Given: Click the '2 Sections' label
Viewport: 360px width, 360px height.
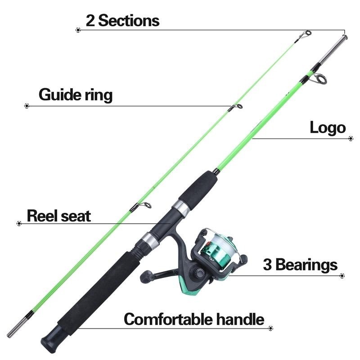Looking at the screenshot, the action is coord(122,20).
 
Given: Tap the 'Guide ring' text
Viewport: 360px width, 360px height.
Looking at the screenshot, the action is coord(76,95).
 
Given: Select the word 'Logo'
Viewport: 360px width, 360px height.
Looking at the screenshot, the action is coord(328,127).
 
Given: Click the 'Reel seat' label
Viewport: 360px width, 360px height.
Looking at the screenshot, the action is coord(59,216).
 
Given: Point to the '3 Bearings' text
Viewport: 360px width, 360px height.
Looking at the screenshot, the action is coord(300,265).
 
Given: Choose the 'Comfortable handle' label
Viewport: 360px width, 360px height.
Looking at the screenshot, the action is coord(194,319).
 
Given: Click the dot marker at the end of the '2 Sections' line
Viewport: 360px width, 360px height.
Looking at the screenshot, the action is coord(78,30).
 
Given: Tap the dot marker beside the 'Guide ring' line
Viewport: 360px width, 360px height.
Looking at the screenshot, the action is coord(27,106).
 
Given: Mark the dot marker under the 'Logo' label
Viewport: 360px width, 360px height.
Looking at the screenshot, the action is coord(351,139).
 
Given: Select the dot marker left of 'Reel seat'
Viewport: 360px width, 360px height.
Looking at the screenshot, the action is coord(19,223).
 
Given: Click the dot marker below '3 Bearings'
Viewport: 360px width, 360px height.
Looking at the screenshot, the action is coord(342,275).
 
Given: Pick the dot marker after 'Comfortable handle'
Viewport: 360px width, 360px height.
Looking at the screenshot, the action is coord(271,328).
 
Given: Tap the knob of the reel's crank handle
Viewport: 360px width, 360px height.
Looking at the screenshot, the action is coord(145,276).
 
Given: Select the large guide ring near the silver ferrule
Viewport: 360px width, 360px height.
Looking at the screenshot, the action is coord(320,79).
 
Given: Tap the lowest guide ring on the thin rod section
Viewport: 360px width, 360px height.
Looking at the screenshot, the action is coord(144,205).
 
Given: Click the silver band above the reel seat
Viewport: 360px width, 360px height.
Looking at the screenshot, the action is coord(181,207).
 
